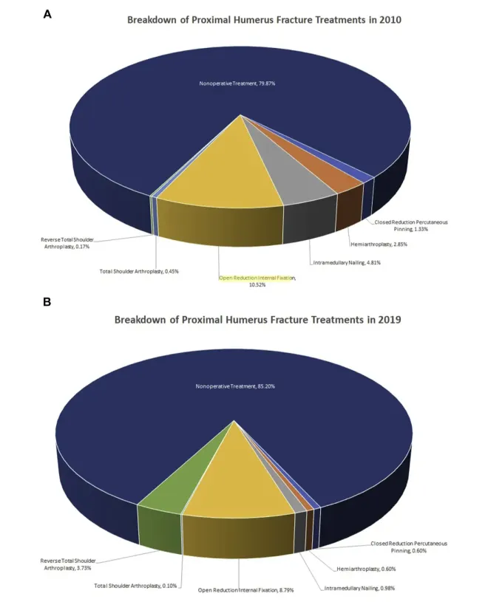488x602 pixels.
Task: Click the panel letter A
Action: (47, 13)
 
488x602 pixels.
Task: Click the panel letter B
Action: (47, 302)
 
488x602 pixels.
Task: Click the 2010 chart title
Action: (265, 20)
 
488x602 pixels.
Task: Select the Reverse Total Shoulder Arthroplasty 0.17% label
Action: (68, 242)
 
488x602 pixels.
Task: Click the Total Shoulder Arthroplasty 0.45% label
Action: (139, 271)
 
